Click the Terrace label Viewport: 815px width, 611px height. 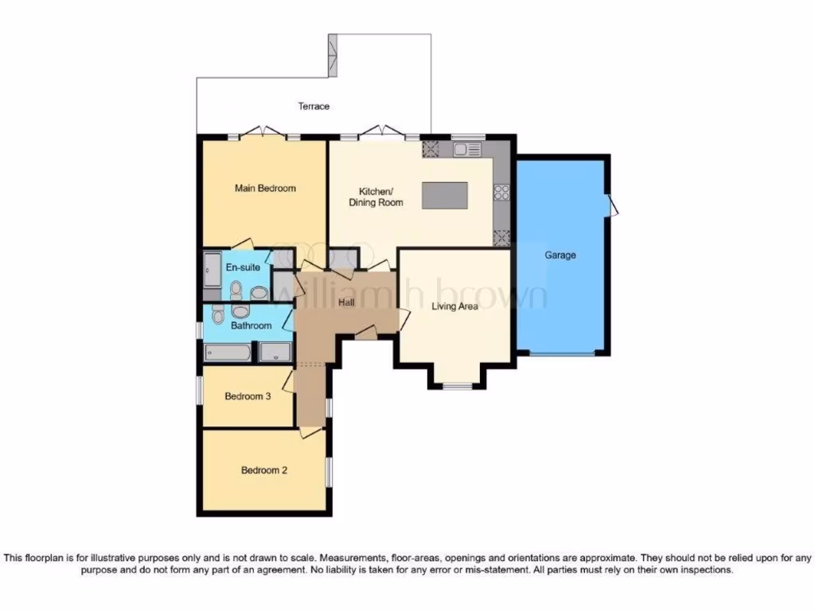click(x=314, y=106)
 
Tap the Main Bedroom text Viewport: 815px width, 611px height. click(x=265, y=189)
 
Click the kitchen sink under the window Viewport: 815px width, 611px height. click(x=463, y=149)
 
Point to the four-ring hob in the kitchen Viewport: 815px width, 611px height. click(x=502, y=191)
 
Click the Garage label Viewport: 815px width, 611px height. click(x=560, y=255)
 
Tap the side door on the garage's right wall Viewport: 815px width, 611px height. click(x=613, y=205)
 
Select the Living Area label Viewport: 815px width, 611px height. click(x=454, y=305)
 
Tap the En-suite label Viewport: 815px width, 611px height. click(x=243, y=267)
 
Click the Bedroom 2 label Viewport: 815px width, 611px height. click(x=264, y=470)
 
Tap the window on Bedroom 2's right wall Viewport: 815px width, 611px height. click(x=328, y=469)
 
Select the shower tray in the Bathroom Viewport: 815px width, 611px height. click(x=275, y=352)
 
